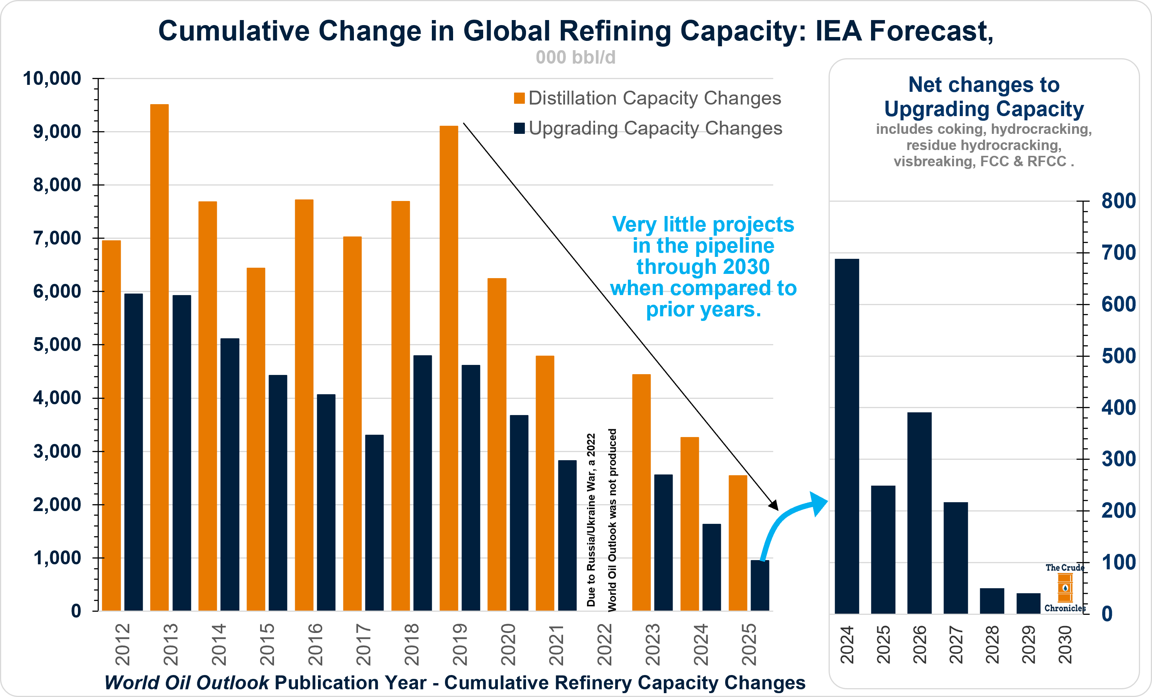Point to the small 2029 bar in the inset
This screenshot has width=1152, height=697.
point(1028,603)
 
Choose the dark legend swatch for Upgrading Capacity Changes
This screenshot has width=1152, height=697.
point(519,128)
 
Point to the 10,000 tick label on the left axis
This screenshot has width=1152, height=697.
point(52,78)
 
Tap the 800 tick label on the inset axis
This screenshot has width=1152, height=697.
point(1118,201)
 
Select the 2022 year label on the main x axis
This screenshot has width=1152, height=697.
point(604,644)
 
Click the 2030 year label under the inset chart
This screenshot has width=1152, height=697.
point(1064,644)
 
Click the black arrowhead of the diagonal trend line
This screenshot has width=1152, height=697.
point(774,505)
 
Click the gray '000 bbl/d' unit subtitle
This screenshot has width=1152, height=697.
point(575,57)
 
